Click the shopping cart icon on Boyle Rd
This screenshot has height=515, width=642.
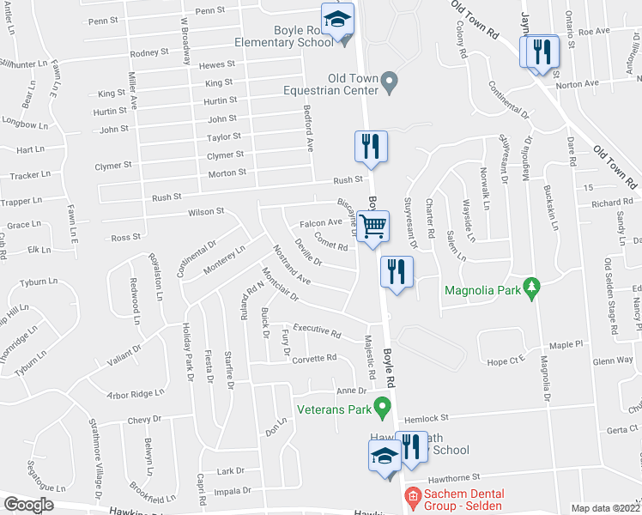click(x=372, y=227)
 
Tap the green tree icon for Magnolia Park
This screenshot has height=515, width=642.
click(x=532, y=288)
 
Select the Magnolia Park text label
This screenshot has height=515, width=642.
click(x=483, y=290)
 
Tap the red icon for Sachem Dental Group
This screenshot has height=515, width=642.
click(x=412, y=495)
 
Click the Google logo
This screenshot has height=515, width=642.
click(x=27, y=505)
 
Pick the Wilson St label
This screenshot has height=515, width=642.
click(x=206, y=211)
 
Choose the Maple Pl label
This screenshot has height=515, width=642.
click(x=566, y=345)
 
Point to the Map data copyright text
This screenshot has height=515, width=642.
click(x=606, y=508)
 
